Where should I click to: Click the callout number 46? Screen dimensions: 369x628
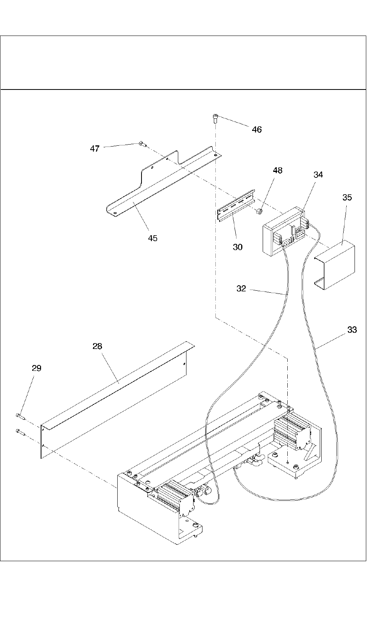pos(256,129)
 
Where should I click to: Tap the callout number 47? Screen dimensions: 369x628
pos(95,149)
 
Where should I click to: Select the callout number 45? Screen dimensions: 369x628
pos(152,238)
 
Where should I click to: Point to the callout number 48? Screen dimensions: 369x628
pos(278,170)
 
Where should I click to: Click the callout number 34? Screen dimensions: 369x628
pos(318,175)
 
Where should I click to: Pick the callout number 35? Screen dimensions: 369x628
pos(347,197)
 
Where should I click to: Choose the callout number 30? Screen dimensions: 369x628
pos(238,247)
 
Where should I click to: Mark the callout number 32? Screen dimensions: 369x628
pos(241,288)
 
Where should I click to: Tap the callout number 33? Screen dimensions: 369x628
pos(352,330)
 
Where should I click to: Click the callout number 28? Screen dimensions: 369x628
pos(97,346)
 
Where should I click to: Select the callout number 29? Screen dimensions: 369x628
pos(36,368)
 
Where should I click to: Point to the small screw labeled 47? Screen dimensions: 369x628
pos(142,145)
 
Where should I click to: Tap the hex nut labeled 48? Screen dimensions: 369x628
pos(260,211)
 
